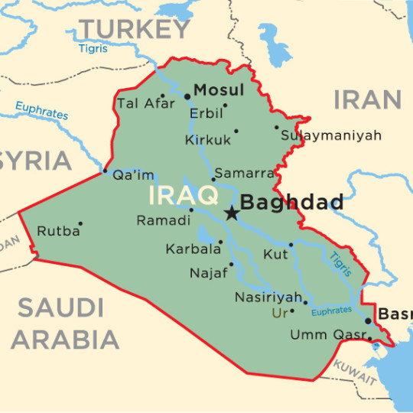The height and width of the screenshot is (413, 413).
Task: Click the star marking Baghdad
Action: [x=231, y=213]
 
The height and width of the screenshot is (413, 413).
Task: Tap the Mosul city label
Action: [x=219, y=90]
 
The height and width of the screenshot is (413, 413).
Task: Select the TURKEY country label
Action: [x=135, y=29]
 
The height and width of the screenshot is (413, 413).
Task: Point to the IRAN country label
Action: [x=367, y=99]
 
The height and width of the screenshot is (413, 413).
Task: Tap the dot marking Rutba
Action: [x=80, y=224]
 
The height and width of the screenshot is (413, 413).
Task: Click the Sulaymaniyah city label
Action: [x=330, y=135]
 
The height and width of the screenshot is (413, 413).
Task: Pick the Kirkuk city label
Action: [x=207, y=140]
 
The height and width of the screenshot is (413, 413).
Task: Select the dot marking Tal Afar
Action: [x=162, y=96]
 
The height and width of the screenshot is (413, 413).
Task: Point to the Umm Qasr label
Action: [x=327, y=334]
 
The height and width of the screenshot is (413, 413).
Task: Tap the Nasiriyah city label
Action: [x=268, y=296]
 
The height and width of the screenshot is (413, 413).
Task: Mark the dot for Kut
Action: [x=291, y=245]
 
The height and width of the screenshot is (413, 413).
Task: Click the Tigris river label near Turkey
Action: [x=93, y=49]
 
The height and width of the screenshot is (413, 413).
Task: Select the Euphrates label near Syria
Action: [x=42, y=111]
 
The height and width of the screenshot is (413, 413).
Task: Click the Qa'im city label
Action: [x=133, y=174]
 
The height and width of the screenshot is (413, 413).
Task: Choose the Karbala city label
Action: [x=190, y=249]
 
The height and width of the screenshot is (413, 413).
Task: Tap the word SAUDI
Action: [x=60, y=307]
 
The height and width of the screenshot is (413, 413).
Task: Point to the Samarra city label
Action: [x=244, y=173]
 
